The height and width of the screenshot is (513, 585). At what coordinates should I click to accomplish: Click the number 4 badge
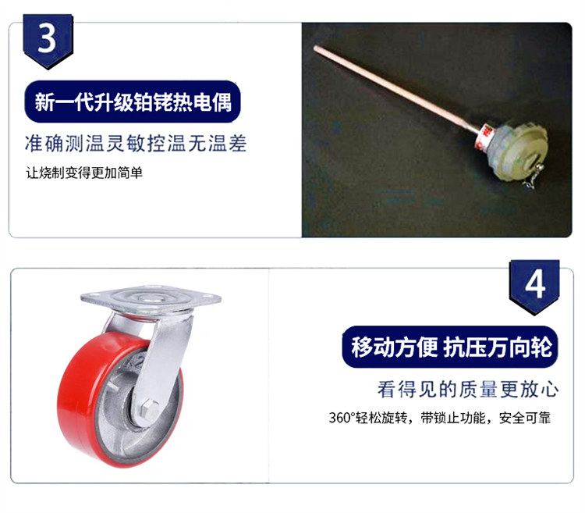coord(534,286)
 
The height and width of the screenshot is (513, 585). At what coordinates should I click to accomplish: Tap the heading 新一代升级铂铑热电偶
coord(133,102)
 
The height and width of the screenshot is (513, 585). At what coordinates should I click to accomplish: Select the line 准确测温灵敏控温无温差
coord(136,144)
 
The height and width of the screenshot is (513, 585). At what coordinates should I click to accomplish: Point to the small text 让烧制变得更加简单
coord(84,173)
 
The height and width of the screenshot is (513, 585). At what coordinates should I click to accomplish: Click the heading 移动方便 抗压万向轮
coord(451,347)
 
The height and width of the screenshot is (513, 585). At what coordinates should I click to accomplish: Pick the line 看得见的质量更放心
coord(468,390)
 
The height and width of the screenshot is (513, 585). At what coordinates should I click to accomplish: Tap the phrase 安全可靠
coord(525,418)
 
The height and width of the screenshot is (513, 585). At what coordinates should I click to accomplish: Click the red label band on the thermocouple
coord(484,135)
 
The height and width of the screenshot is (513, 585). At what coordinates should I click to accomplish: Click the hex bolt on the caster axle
coord(148,408)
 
